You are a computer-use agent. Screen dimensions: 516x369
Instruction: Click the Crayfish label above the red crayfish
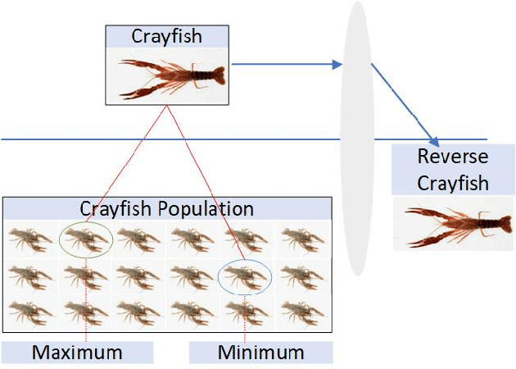tap(166, 36)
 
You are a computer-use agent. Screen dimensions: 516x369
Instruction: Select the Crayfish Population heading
tap(166, 208)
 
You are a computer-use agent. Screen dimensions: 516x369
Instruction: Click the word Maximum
tap(77, 353)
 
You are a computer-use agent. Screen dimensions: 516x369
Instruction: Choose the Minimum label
tap(260, 353)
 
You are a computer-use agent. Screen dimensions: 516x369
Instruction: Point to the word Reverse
tap(452, 157)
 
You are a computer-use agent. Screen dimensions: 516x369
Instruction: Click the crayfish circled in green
tap(84, 239)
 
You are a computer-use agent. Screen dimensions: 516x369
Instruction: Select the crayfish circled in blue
tap(247, 276)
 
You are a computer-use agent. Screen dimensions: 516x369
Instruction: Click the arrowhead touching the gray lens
tap(337, 64)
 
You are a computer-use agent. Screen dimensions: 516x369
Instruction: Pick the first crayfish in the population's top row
tap(30, 239)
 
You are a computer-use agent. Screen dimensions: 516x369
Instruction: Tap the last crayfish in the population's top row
tap(301, 239)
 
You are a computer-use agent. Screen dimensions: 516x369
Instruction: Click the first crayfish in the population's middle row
tap(30, 276)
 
